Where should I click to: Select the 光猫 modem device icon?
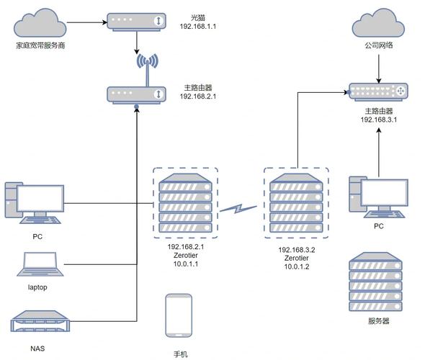135,21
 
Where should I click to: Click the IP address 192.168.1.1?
198,26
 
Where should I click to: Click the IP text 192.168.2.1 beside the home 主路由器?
198,96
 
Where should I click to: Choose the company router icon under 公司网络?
380,91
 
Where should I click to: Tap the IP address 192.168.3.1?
380,120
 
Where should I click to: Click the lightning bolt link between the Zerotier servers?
238,210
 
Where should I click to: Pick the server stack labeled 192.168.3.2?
296,204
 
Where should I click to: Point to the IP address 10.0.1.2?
296,266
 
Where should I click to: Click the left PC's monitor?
40,198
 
